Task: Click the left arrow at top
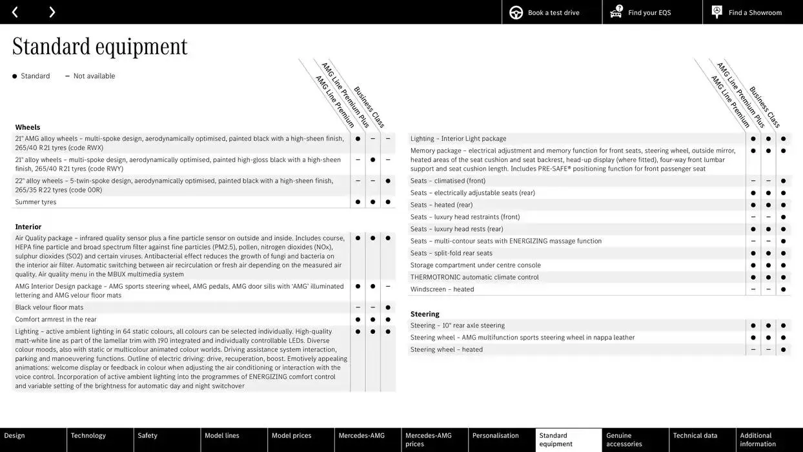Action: (x=15, y=12)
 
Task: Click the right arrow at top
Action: (x=52, y=12)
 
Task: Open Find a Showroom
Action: (x=753, y=12)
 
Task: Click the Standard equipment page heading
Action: (x=99, y=46)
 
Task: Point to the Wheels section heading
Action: (x=28, y=127)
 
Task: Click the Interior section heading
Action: (x=28, y=227)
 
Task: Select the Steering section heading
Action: (x=425, y=314)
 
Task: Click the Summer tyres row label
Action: (x=36, y=202)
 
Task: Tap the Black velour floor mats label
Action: (x=50, y=307)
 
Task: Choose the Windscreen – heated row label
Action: (x=442, y=289)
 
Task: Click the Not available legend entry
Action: (x=94, y=76)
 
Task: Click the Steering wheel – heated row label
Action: (x=447, y=349)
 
